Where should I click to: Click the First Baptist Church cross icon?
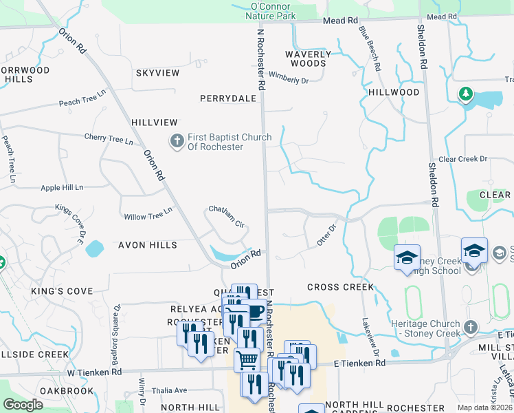(x=177, y=141)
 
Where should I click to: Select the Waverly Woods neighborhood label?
(x=308, y=59)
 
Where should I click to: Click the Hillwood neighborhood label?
(x=394, y=92)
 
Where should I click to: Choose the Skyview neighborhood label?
(x=157, y=73)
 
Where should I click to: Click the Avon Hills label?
(x=147, y=245)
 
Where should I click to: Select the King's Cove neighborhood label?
(x=62, y=291)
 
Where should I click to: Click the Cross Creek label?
(x=340, y=287)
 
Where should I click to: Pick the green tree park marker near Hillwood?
(x=466, y=93)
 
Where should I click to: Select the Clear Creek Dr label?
(x=462, y=159)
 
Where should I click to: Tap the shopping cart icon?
(x=247, y=359)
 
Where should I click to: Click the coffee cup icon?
(x=255, y=312)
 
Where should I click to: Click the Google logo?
(x=23, y=405)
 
